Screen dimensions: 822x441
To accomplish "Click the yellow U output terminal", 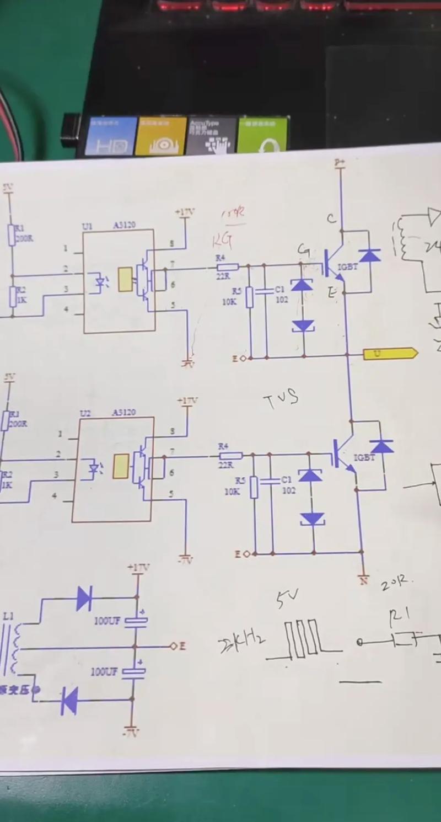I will point(389,354).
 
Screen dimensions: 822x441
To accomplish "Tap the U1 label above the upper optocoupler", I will point(88,226).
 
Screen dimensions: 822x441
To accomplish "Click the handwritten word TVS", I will point(281,399).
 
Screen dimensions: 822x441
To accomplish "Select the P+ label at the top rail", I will point(340,162).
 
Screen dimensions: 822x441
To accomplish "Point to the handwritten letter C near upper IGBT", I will point(331,219).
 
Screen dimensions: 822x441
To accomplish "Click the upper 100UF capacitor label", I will point(107,621).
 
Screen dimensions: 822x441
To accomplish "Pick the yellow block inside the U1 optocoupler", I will point(126,279).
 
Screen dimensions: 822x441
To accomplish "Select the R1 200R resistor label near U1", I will point(23,232).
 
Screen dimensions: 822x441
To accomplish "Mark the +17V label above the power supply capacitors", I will point(138,567).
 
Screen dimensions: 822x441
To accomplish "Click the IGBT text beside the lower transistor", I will point(364,457).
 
